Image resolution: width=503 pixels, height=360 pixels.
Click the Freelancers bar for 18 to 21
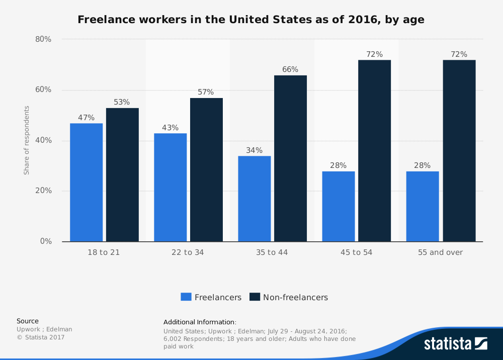(87, 183)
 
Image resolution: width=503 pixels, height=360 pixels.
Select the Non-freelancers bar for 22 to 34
(206, 170)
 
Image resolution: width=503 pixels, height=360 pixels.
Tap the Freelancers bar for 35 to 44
(255, 199)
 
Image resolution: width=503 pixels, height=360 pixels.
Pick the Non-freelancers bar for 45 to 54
(374, 151)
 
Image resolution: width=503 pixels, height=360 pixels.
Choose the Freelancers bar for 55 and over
(423, 207)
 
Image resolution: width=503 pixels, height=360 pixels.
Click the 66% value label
(290, 69)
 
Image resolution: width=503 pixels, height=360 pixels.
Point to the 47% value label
(87, 118)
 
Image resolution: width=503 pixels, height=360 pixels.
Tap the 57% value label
(206, 92)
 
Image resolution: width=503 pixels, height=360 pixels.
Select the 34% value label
(255, 150)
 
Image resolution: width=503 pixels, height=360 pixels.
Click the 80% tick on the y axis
(43, 39)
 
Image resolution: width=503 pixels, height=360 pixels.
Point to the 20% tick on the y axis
(43, 191)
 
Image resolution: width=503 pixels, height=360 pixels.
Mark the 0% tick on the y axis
(46, 241)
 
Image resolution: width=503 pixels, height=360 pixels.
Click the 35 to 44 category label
(272, 252)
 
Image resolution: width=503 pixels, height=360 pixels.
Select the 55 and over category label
(440, 252)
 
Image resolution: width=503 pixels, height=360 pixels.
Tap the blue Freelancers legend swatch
(186, 297)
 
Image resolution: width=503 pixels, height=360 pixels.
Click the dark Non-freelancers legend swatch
(255, 297)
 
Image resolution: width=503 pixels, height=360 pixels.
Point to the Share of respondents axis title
(26, 140)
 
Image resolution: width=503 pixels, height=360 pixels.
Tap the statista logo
(456, 343)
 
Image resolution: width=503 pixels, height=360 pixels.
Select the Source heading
(28, 321)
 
